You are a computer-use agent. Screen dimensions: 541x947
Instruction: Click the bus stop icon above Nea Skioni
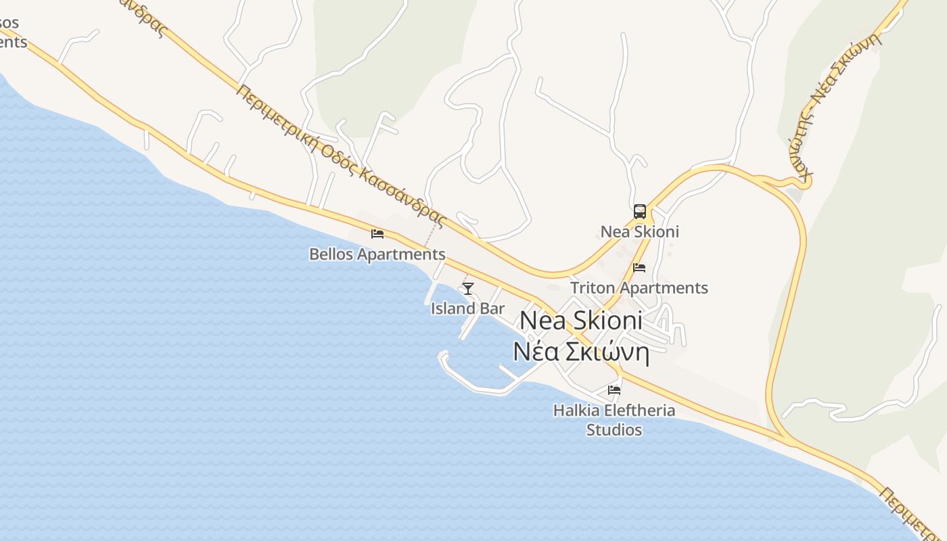(640, 212)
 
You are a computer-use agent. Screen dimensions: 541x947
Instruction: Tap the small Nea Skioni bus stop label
(639, 232)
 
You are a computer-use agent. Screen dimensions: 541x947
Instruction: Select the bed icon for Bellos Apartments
(377, 234)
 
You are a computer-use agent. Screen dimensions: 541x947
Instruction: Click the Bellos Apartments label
(377, 255)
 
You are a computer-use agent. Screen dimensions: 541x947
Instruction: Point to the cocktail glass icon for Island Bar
(467, 289)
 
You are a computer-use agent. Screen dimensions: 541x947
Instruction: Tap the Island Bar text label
(467, 309)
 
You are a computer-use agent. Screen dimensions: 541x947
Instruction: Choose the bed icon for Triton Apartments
(639, 268)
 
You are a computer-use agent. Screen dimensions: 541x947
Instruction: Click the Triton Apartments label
(639, 288)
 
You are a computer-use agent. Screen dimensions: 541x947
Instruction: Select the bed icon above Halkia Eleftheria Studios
(614, 390)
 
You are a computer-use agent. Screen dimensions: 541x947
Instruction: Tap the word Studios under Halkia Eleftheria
(614, 430)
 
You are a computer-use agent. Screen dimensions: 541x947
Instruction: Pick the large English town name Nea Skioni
(580, 321)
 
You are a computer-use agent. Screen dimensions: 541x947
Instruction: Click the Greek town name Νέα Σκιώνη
(580, 352)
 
